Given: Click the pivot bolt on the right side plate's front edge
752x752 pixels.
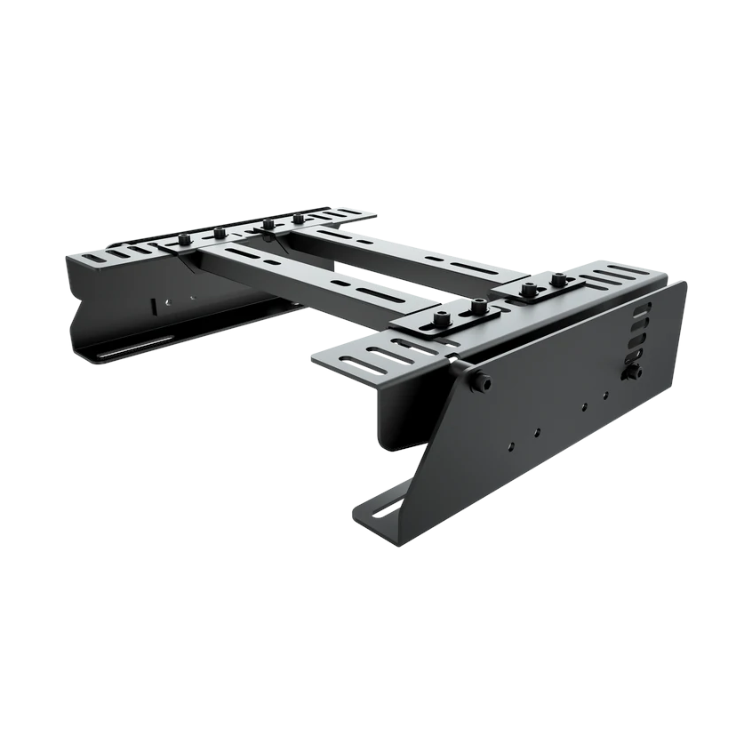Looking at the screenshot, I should [x=481, y=382].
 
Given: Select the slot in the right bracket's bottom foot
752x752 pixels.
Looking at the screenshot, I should [x=388, y=508].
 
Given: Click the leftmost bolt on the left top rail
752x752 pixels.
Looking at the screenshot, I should [x=185, y=239].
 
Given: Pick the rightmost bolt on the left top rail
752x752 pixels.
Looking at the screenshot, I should [x=299, y=218].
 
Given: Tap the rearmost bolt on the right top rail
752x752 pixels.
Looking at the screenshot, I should [x=558, y=280].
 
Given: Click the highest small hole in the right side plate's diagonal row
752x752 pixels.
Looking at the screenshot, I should [x=605, y=395].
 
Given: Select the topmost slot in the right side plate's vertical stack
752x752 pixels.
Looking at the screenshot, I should [x=643, y=308].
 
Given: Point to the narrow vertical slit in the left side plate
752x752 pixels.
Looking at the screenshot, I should [x=154, y=305].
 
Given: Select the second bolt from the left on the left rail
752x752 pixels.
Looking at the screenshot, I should [x=219, y=233].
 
